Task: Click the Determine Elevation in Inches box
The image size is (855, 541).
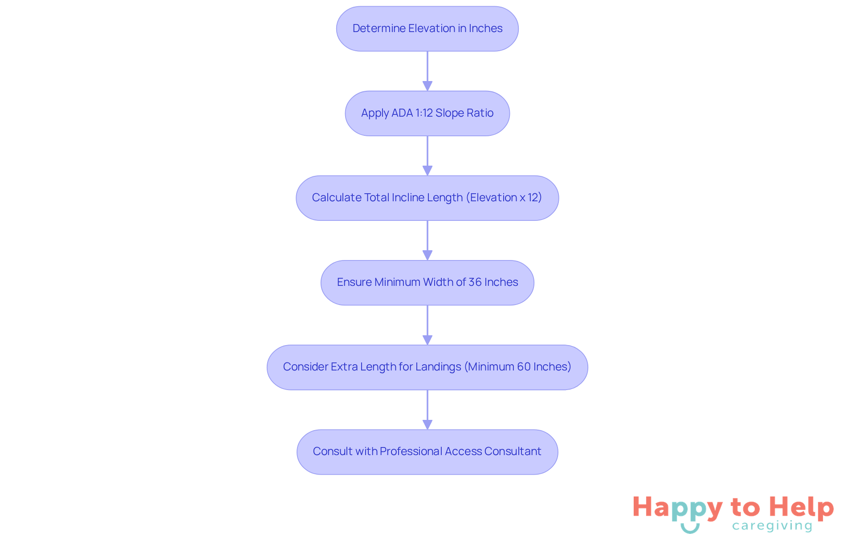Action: click(x=427, y=28)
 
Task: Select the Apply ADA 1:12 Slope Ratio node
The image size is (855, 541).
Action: click(x=427, y=113)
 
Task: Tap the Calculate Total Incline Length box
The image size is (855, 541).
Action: click(x=427, y=198)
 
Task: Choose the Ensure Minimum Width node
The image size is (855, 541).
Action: click(x=427, y=282)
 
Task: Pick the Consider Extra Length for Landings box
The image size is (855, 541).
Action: click(x=427, y=367)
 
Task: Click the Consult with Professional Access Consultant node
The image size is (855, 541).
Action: click(x=427, y=452)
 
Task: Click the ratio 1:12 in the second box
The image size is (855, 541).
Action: click(x=424, y=113)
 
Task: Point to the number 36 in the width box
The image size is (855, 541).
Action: click(x=475, y=282)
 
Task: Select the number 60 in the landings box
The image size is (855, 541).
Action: click(x=524, y=367)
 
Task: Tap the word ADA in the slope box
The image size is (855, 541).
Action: click(x=402, y=113)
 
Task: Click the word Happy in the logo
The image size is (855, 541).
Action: click(x=677, y=508)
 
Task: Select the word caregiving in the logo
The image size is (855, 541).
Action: click(x=772, y=526)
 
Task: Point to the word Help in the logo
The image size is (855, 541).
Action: click(x=801, y=507)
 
